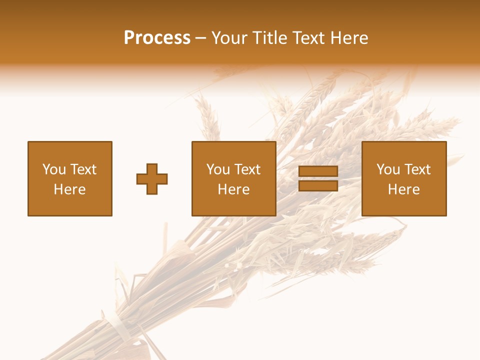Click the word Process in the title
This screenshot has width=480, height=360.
tap(157, 38)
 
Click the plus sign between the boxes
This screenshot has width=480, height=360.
tap(152, 179)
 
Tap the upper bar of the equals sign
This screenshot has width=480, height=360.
tap(318, 171)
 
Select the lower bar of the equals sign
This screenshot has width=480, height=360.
tap(318, 186)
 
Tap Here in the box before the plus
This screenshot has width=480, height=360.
tap(69, 189)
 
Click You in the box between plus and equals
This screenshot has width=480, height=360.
tap(217, 169)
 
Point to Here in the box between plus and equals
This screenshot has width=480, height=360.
tap(233, 189)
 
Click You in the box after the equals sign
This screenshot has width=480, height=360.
tap(387, 169)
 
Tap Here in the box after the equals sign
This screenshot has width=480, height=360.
tap(403, 189)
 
